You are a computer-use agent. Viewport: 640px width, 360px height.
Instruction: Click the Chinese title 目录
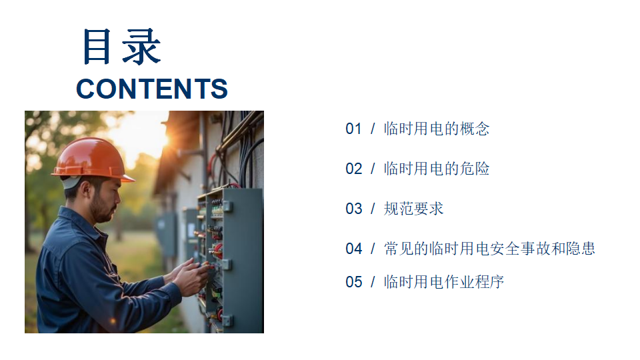click(121, 46)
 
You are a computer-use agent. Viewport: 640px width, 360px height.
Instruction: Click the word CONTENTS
click(152, 89)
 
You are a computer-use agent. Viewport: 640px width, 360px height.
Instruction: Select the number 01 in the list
click(353, 129)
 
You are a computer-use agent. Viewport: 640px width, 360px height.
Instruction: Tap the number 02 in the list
click(353, 169)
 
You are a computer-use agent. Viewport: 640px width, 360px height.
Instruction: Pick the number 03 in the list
click(353, 209)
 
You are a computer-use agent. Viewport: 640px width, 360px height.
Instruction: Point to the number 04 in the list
click(353, 249)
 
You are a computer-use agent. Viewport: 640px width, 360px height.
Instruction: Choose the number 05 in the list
click(353, 282)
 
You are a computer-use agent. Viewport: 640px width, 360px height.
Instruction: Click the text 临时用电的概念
click(436, 129)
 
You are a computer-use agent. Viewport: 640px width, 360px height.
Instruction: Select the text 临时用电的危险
click(436, 169)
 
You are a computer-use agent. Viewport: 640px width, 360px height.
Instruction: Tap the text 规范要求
click(413, 209)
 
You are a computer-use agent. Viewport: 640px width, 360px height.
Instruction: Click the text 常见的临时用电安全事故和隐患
click(489, 248)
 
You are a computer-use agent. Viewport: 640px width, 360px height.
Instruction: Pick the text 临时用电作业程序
click(444, 281)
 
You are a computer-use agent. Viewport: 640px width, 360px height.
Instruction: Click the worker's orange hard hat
click(93, 159)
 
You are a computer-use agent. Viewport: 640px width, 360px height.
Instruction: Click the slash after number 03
click(373, 209)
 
